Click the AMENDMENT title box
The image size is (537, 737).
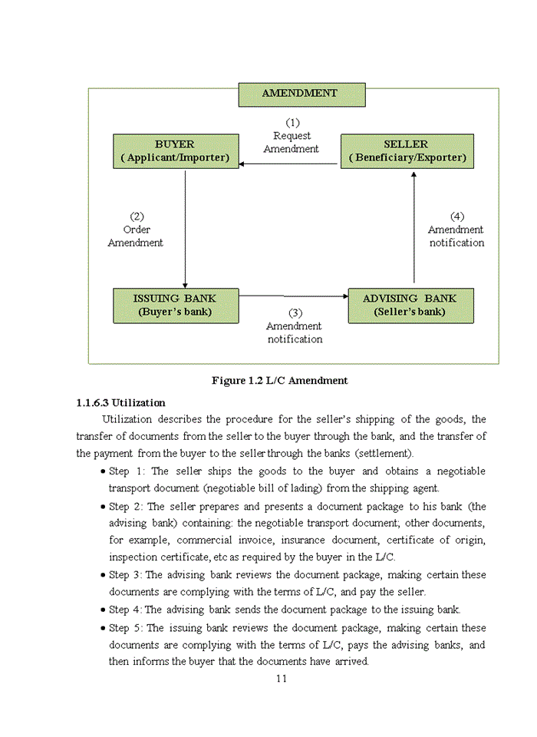(x=301, y=94)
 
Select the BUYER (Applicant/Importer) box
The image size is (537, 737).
(x=175, y=151)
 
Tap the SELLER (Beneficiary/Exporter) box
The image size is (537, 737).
(x=406, y=151)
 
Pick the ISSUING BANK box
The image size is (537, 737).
(x=175, y=305)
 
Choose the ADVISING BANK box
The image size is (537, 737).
(x=410, y=305)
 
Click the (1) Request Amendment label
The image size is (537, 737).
(x=292, y=136)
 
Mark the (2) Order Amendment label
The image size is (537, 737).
(x=136, y=230)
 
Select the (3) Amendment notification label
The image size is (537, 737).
(x=295, y=326)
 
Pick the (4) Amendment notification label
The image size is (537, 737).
(x=456, y=230)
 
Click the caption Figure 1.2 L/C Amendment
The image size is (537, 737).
(x=279, y=381)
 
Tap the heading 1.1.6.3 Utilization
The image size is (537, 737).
(x=120, y=403)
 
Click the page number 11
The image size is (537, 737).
(x=281, y=678)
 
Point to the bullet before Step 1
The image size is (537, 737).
(x=103, y=472)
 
